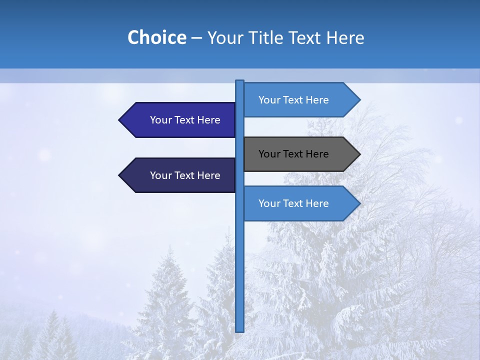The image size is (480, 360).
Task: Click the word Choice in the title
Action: [x=156, y=37]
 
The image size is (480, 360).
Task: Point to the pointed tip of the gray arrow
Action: [x=359, y=154]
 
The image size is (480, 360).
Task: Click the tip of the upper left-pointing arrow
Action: [x=119, y=120]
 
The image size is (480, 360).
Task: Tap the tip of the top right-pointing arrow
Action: [x=359, y=100]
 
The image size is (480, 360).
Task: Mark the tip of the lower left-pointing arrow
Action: [x=119, y=175]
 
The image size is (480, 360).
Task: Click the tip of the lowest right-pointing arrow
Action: [x=359, y=203]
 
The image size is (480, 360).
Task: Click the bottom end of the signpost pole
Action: [x=240, y=330]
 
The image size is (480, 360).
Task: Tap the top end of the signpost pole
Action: [x=240, y=82]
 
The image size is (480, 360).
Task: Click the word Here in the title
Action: [x=345, y=37]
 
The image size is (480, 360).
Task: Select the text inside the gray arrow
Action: [x=293, y=154]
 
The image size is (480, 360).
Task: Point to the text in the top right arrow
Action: [x=293, y=100]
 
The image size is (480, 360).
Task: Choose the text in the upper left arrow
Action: [x=185, y=120]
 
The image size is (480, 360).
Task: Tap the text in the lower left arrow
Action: [x=185, y=175]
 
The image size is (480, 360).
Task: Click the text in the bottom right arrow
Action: [x=293, y=203]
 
